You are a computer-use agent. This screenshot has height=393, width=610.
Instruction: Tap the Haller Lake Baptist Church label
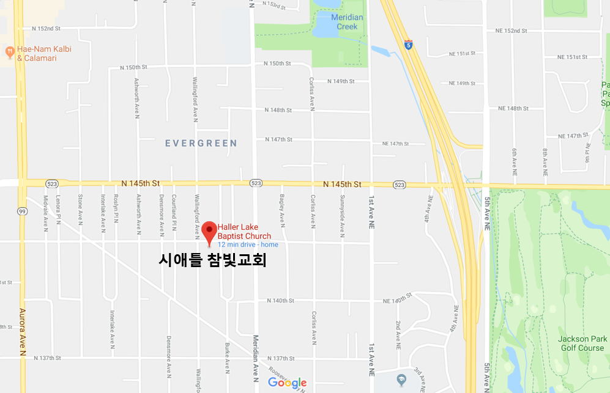[244, 232]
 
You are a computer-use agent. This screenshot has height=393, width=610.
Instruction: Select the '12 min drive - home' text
[248, 244]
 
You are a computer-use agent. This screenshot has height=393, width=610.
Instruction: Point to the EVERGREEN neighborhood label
[201, 143]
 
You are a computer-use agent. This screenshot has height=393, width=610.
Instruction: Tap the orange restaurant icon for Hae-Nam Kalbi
[10, 51]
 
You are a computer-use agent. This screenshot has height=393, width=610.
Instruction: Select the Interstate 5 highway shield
[408, 45]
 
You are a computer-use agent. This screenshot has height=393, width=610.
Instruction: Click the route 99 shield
[21, 210]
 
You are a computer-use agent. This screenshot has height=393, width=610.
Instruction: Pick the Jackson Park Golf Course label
[582, 343]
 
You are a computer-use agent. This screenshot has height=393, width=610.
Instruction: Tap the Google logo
[287, 383]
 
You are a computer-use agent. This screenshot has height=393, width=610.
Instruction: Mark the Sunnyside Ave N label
[343, 211]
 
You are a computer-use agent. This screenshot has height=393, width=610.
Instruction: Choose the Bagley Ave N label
[282, 211]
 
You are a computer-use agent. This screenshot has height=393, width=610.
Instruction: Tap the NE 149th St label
[462, 83]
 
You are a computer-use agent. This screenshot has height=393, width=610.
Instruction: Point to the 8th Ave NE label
[545, 159]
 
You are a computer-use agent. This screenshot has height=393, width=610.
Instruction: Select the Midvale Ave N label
[46, 213]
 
